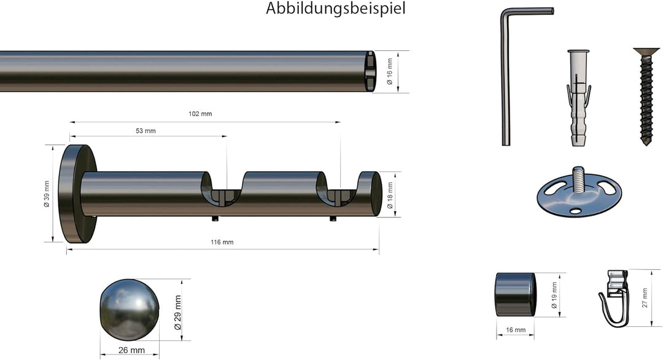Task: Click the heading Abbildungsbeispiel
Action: [335, 9]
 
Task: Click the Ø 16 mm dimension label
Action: [389, 72]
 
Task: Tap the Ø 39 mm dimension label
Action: [47, 194]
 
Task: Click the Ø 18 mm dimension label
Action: [390, 194]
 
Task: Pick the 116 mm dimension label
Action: [222, 242]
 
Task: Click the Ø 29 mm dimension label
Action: [177, 310]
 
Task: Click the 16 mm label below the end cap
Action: [516, 331]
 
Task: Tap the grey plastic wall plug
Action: [577, 98]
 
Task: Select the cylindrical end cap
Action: [515, 295]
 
